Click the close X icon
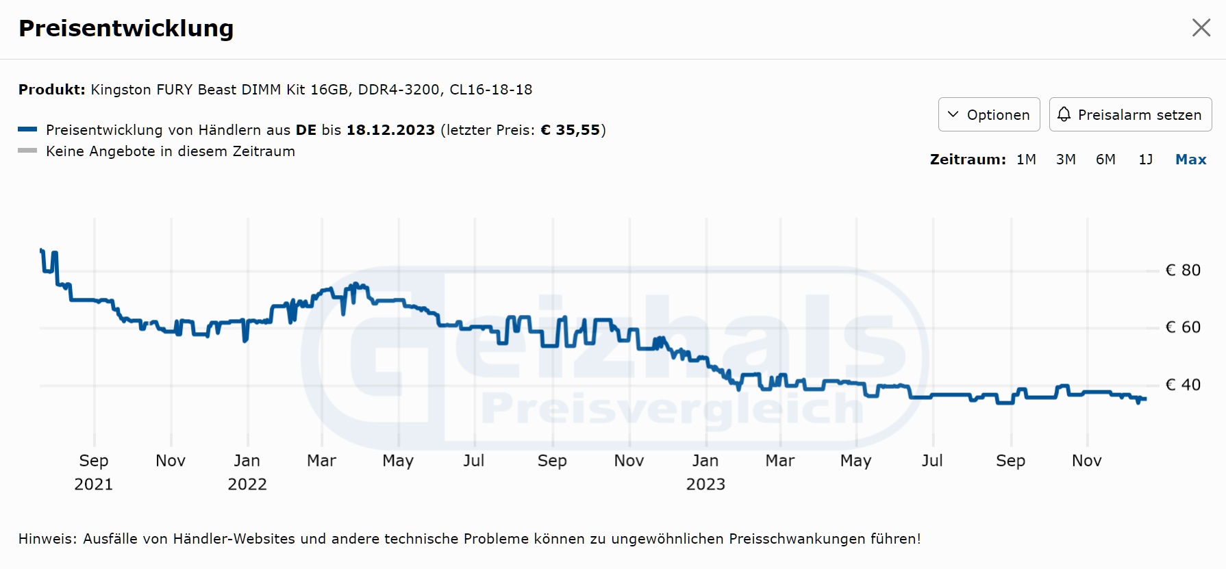point(1201,27)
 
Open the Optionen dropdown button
point(988,114)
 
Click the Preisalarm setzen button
point(1130,114)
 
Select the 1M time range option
point(1026,160)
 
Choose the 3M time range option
point(1066,160)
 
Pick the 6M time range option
point(1105,160)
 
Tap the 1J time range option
point(1146,160)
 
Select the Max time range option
point(1190,160)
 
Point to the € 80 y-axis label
point(1183,270)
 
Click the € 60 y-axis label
point(1183,327)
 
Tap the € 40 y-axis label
point(1183,385)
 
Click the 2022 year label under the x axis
point(247,485)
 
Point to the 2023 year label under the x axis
point(705,485)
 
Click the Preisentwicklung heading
point(126,28)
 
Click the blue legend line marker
point(27,129)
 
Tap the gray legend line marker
point(27,151)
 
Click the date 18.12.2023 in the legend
point(390,130)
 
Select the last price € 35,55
point(571,130)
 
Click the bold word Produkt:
point(52,90)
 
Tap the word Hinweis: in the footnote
point(48,539)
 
